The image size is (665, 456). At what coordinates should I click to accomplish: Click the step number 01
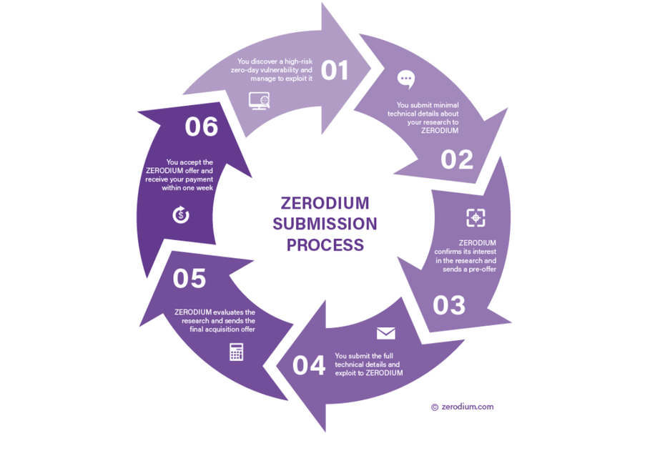(x=334, y=71)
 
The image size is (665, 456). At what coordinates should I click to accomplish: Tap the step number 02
(x=457, y=159)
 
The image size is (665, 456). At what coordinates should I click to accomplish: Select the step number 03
(x=449, y=305)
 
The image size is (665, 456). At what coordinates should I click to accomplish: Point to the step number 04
(x=309, y=365)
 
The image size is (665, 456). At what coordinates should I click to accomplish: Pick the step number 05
(x=189, y=279)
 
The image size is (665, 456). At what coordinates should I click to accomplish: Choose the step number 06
(x=201, y=127)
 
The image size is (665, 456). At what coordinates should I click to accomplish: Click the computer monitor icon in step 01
(x=259, y=101)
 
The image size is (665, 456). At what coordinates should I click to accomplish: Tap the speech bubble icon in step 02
(x=406, y=79)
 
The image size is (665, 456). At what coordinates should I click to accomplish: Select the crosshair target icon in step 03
(x=476, y=218)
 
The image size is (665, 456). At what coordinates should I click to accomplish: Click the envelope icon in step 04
(x=385, y=334)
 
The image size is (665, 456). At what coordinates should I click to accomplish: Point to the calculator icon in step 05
(x=236, y=352)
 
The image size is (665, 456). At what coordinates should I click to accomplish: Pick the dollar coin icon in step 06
(x=181, y=214)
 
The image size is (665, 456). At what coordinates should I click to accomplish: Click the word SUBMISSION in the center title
(x=325, y=224)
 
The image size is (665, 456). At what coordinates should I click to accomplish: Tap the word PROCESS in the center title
(x=325, y=245)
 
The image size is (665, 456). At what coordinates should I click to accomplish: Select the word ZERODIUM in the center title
(x=325, y=202)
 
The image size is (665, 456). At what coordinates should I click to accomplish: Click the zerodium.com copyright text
(x=467, y=407)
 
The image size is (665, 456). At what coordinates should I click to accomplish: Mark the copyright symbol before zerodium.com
(x=434, y=407)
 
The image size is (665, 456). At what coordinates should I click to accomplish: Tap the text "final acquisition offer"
(x=222, y=329)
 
